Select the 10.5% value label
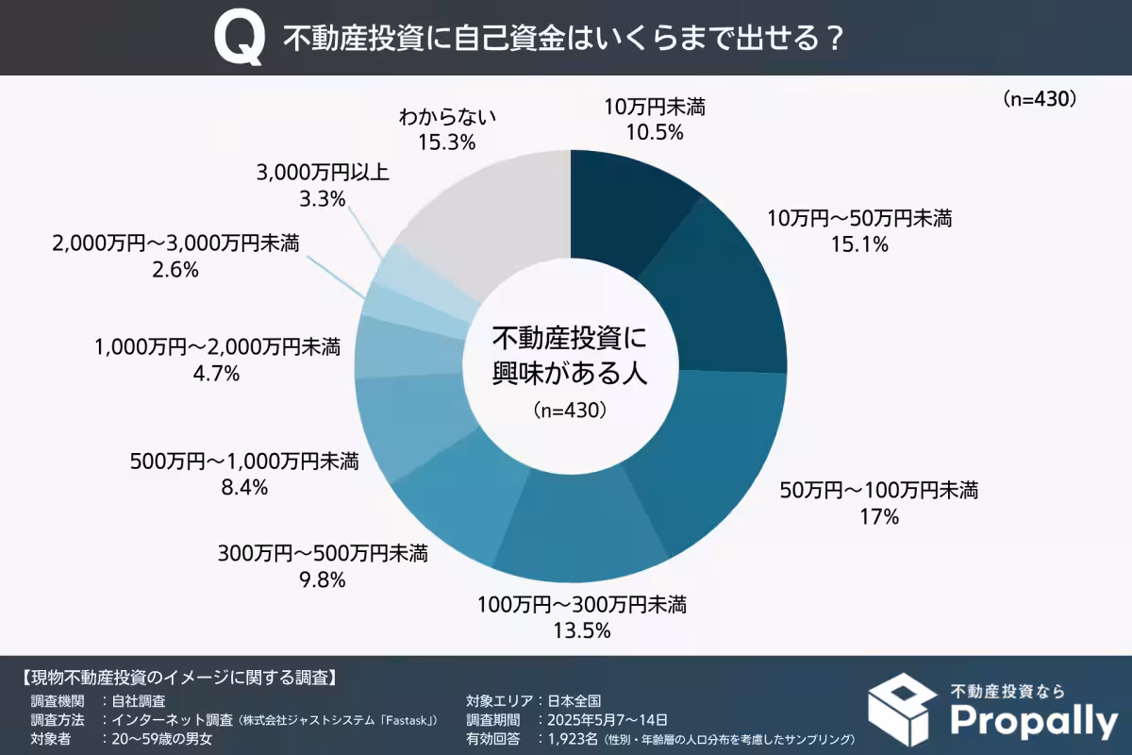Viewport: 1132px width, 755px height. [655, 132]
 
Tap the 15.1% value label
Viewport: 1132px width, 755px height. [860, 245]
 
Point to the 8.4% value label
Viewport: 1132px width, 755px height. [244, 488]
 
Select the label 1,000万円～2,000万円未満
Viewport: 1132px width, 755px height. [217, 347]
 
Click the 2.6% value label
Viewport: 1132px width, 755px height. [175, 270]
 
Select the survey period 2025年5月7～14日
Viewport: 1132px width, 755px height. [602, 719]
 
